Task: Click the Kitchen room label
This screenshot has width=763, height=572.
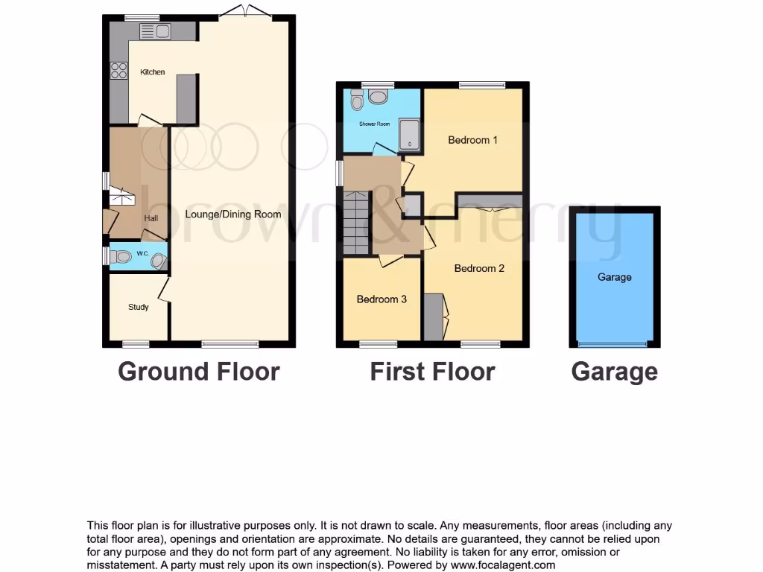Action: click(153, 72)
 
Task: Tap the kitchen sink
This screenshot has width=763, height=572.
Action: click(155, 31)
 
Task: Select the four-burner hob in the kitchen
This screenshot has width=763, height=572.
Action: click(118, 70)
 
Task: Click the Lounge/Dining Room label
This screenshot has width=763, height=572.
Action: click(233, 214)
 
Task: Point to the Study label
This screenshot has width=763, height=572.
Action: click(139, 307)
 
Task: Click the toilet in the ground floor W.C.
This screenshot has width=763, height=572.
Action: click(123, 257)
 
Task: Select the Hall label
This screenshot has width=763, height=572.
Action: click(151, 218)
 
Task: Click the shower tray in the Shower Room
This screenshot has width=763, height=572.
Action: click(409, 135)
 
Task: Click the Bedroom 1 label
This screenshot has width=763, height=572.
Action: click(472, 140)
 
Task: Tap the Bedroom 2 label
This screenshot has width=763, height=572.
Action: click(479, 268)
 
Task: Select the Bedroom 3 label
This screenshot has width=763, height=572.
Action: click(381, 299)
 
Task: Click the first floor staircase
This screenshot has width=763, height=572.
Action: click(357, 222)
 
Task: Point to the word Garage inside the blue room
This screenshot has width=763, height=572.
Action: click(615, 277)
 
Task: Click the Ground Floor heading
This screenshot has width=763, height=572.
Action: click(199, 371)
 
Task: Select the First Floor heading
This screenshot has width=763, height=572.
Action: click(432, 371)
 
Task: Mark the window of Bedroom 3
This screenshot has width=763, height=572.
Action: click(379, 344)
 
